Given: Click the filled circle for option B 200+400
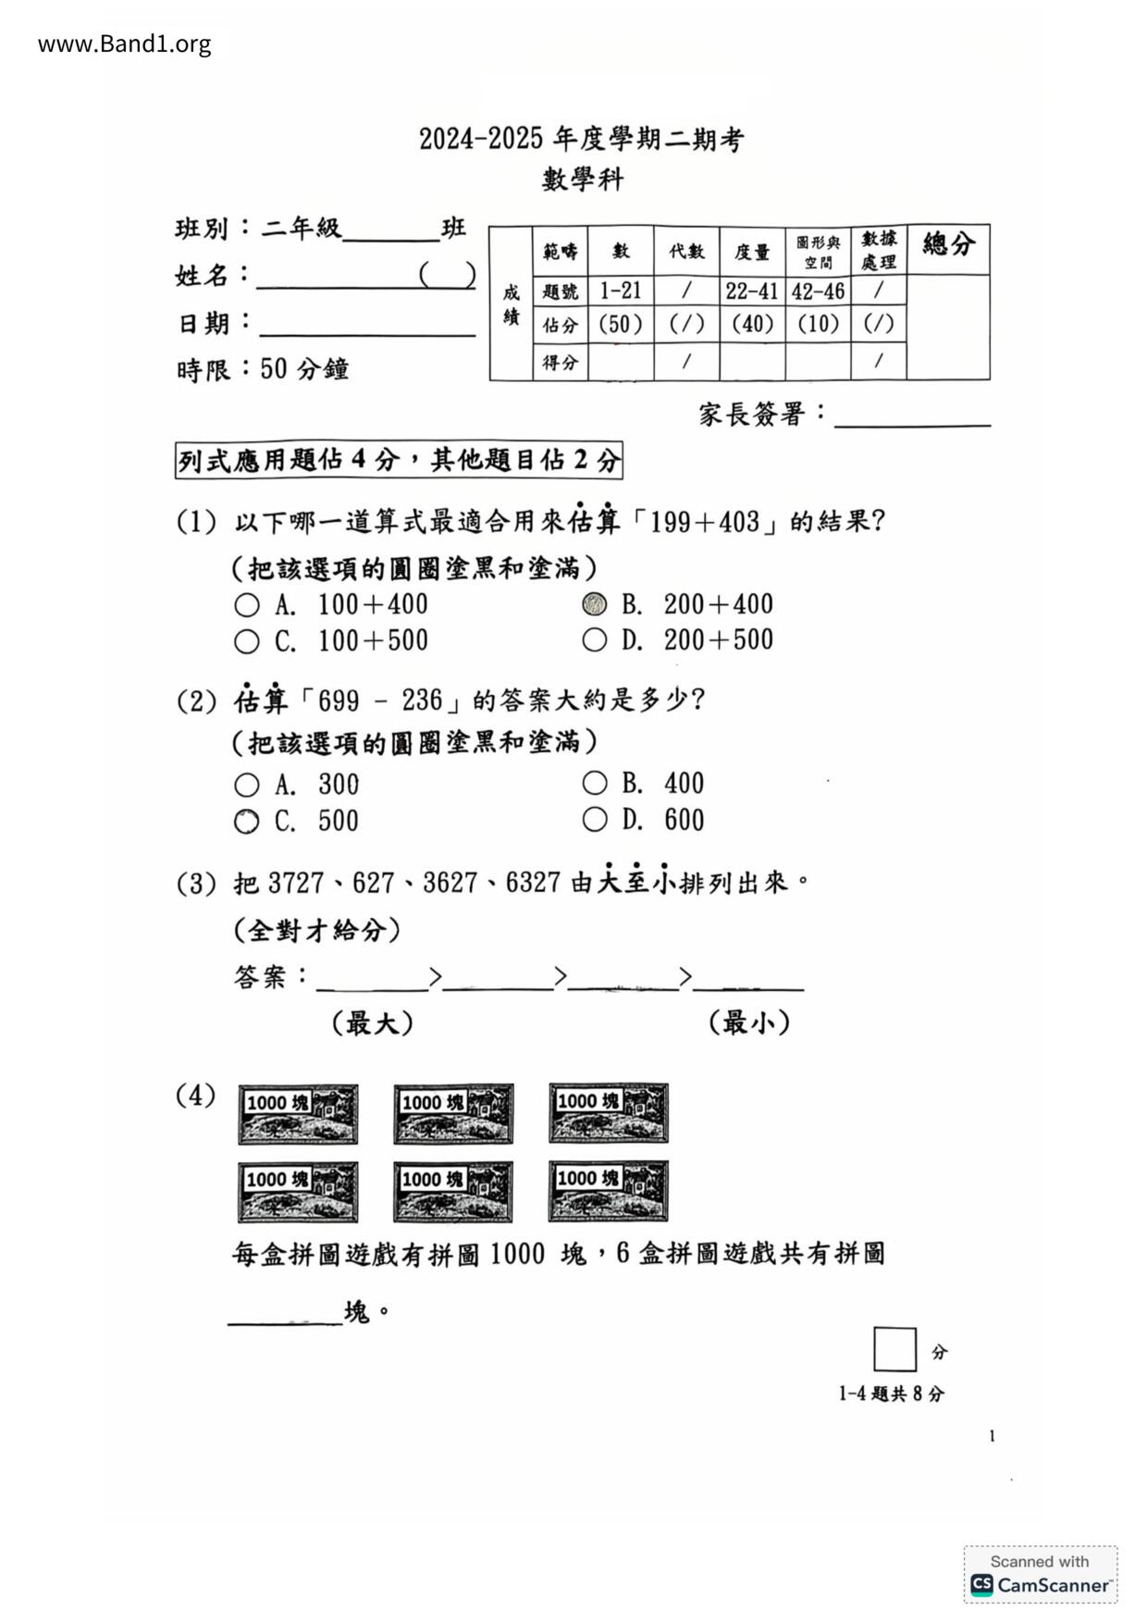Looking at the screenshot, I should click(595, 604).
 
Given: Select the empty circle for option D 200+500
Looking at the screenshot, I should click(595, 639).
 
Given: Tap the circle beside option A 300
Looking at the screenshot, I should click(246, 786).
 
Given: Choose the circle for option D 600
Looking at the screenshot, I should click(595, 820).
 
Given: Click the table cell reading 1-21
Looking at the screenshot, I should click(620, 291).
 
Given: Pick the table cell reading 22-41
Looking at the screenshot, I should click(751, 291).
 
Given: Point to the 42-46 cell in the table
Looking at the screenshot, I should click(818, 291).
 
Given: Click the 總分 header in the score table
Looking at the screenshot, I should click(948, 245).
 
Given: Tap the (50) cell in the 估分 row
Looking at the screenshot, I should click(620, 324).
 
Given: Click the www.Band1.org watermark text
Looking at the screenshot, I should click(124, 43).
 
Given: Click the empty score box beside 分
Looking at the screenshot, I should click(894, 1349).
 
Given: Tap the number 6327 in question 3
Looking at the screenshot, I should click(533, 883).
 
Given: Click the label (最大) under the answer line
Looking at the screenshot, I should click(372, 1023).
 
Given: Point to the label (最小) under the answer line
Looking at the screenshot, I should click(749, 1023).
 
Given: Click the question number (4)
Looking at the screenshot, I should click(195, 1096).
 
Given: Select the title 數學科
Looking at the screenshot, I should click(583, 179).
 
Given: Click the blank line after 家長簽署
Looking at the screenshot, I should click(912, 416).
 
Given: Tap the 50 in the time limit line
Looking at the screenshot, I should click(274, 369).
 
